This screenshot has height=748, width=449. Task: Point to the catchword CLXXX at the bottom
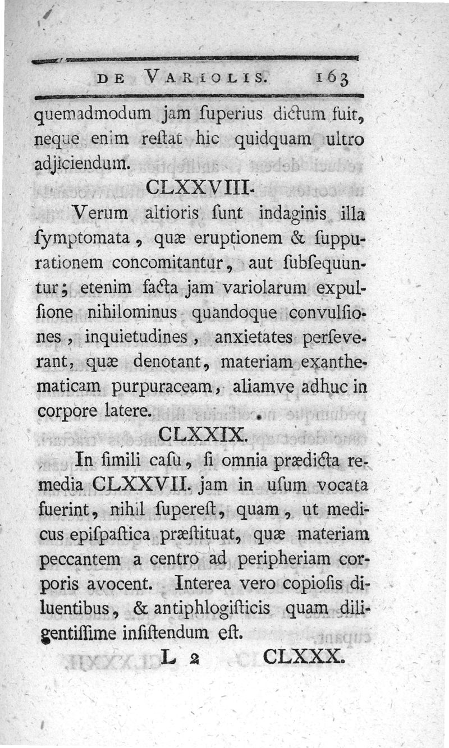coord(301,655)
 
